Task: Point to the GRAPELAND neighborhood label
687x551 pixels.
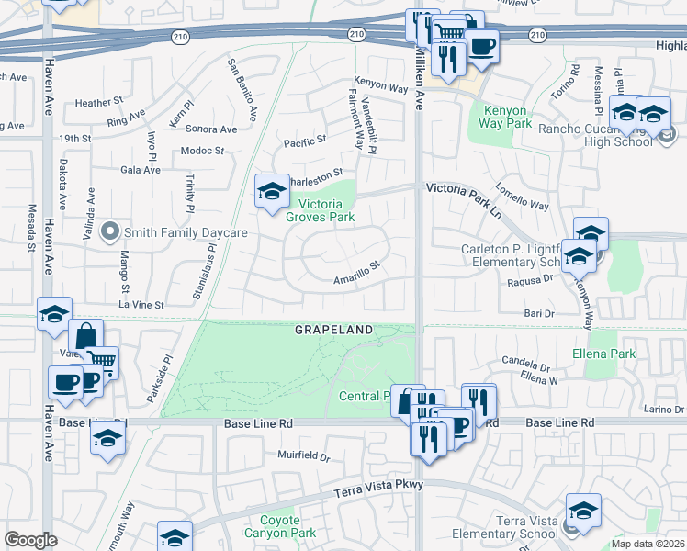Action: coord(333,330)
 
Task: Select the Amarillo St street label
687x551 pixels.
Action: coord(356,270)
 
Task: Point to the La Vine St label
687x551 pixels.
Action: coord(141,304)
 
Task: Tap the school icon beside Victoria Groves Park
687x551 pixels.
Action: coord(272,191)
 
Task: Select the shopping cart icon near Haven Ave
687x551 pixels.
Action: coord(102,362)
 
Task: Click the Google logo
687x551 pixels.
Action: coord(31,539)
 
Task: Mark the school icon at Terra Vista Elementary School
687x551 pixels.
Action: coord(583,510)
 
